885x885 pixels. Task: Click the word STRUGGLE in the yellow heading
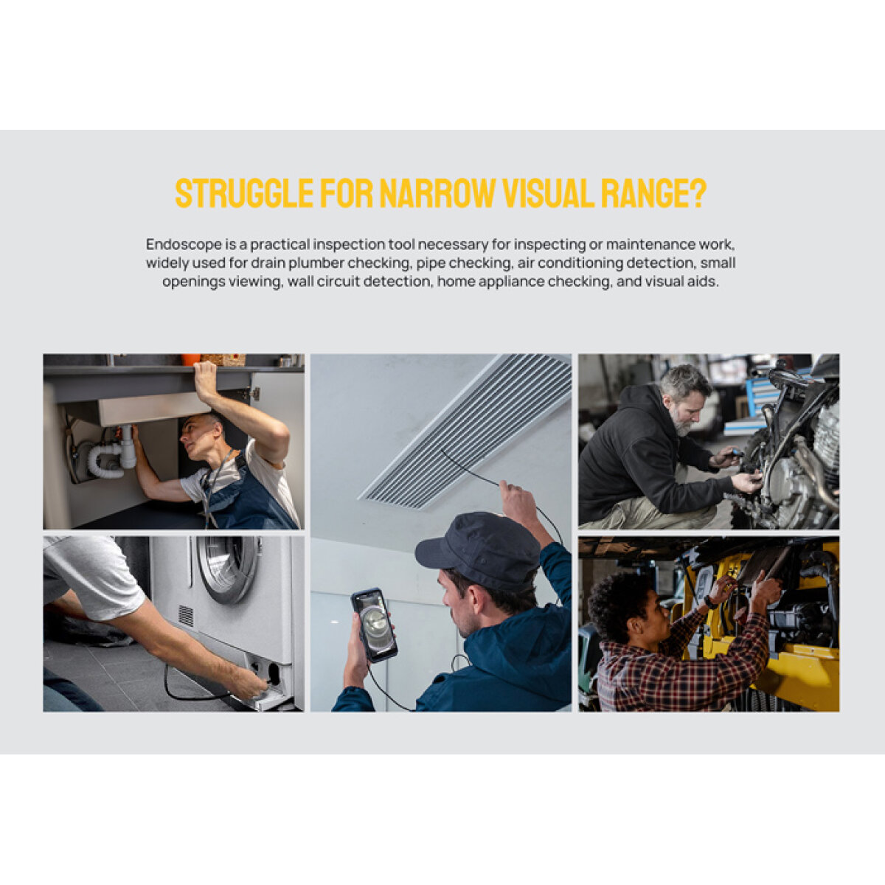[244, 194]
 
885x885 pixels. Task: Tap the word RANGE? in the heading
[653, 194]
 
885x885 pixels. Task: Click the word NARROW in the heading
[437, 194]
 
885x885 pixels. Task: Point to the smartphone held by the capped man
[375, 625]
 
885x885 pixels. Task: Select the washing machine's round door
[228, 568]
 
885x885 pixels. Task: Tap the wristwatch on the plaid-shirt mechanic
[710, 602]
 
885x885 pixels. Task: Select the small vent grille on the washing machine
[186, 616]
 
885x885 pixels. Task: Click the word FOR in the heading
[347, 194]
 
